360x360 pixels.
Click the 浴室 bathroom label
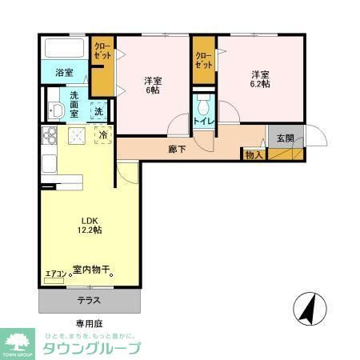click(x=65, y=73)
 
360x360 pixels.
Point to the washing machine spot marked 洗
click(x=98, y=112)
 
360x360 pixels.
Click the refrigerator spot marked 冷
click(x=104, y=135)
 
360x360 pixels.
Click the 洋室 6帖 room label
click(x=153, y=86)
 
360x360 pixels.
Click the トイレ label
click(x=202, y=122)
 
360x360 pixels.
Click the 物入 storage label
click(x=254, y=154)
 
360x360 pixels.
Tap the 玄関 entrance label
click(x=285, y=138)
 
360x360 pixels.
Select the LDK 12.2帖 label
click(x=88, y=225)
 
